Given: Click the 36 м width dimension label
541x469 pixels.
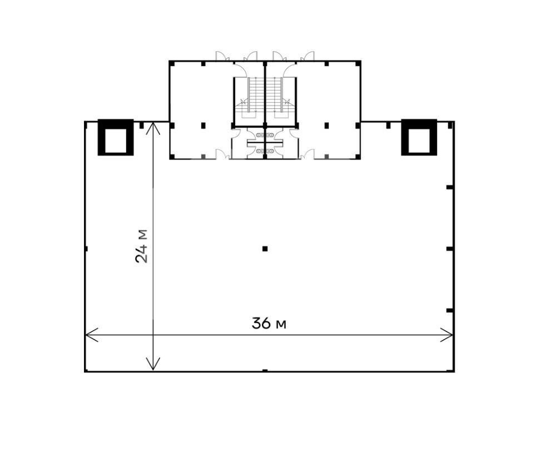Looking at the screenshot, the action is (x=269, y=323).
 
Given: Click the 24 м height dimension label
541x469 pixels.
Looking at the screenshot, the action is (x=141, y=246).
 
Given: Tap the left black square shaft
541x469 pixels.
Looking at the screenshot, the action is (x=116, y=137).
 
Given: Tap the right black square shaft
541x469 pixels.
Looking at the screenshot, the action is (x=419, y=137).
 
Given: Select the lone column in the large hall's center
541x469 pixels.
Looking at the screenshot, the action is (x=265, y=248).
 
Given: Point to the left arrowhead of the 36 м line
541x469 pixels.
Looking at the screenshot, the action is (x=92, y=335).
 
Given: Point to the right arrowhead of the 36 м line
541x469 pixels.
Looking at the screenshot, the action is (x=446, y=335).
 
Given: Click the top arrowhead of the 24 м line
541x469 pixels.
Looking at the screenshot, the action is (x=153, y=128).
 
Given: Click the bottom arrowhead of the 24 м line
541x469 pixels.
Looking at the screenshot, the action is (x=153, y=363).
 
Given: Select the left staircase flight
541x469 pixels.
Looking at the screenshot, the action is (x=256, y=95).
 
